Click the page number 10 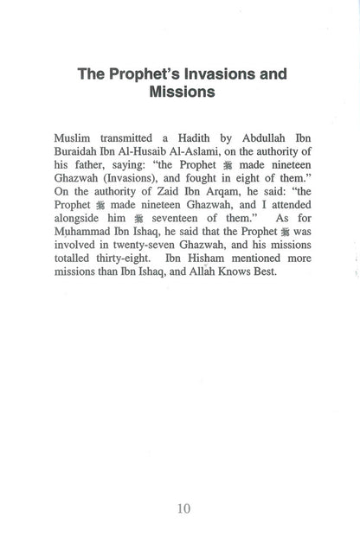pos(183,508)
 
